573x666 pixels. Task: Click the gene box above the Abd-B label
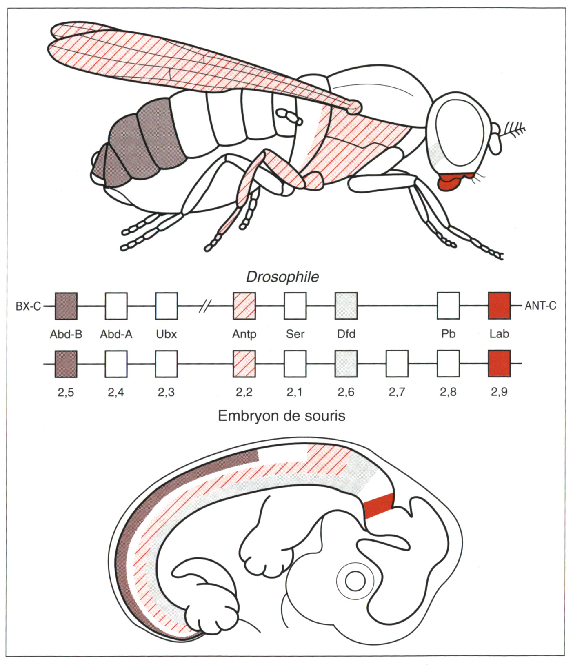(66, 306)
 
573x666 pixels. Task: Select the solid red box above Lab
(499, 306)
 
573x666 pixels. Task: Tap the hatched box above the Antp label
(244, 306)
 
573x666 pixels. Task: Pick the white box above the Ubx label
(167, 306)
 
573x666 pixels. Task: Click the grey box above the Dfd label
(346, 306)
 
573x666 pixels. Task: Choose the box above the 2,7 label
(397, 364)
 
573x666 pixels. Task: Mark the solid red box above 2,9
(499, 364)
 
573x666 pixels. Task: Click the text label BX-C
(28, 306)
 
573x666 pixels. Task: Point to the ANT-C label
(540, 306)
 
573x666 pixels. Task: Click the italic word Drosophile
(282, 277)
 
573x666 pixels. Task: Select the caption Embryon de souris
(282, 416)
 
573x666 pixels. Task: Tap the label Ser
(295, 334)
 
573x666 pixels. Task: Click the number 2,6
(346, 392)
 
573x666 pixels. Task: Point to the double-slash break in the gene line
(205, 306)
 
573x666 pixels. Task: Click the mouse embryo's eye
(355, 580)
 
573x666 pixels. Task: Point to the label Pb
(448, 334)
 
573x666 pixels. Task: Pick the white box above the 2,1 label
(295, 364)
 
